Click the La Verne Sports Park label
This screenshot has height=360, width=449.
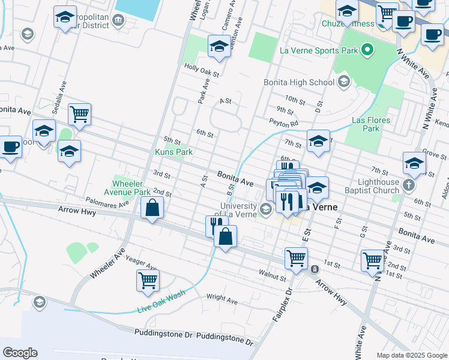pos(319,50)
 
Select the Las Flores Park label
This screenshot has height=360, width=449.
pos(372,124)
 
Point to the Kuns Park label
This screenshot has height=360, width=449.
pos(174,152)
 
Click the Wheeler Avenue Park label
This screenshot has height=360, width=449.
pos(131,188)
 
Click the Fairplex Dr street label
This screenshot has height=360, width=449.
pos(282,305)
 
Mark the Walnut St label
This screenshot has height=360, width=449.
pos(273,277)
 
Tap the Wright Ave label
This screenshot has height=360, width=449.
pos(222,298)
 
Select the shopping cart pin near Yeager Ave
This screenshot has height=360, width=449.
pos(148,280)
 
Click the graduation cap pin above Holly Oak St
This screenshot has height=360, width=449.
pos(220,46)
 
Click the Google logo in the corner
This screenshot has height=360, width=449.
pos(20,353)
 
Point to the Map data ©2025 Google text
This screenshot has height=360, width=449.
pos(411,355)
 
